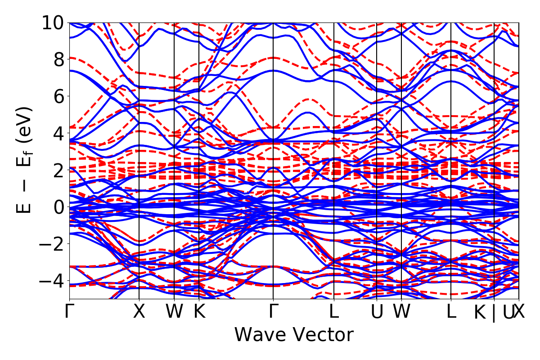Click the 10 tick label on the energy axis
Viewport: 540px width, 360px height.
(54, 22)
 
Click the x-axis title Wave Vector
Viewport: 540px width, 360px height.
(294, 335)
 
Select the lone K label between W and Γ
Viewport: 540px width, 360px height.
(199, 312)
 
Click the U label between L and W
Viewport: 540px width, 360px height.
(377, 312)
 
